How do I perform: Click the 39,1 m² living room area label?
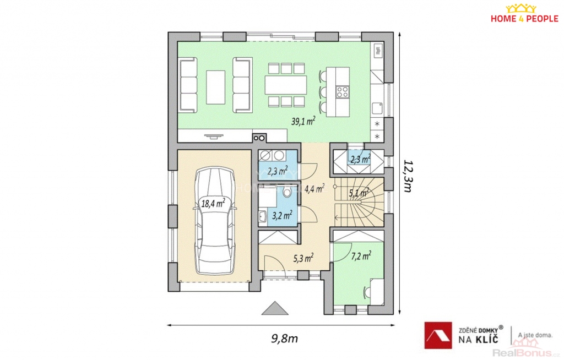pyautogui.click(x=303, y=121)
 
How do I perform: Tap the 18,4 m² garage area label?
pyautogui.click(x=213, y=204)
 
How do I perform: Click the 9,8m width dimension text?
pyautogui.click(x=284, y=339)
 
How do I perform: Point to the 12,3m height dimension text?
pyautogui.click(x=408, y=176)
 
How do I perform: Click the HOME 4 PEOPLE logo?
pyautogui.click(x=524, y=14)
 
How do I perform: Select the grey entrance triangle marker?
pyautogui.click(x=275, y=308)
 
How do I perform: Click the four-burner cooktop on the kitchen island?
pyautogui.click(x=342, y=92)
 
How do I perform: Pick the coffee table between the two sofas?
pyautogui.click(x=216, y=87)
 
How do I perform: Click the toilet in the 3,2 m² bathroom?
pyautogui.click(x=288, y=193)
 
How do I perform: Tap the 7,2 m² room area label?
pyautogui.click(x=361, y=256)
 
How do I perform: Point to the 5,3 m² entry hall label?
pyautogui.click(x=303, y=258)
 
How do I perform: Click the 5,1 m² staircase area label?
pyautogui.click(x=359, y=193)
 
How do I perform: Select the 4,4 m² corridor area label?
pyautogui.click(x=314, y=188)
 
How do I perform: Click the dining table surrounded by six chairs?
pyautogui.click(x=286, y=85)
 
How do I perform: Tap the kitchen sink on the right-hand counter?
pyautogui.click(x=377, y=108)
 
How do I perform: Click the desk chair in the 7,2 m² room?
pyautogui.click(x=367, y=292)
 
